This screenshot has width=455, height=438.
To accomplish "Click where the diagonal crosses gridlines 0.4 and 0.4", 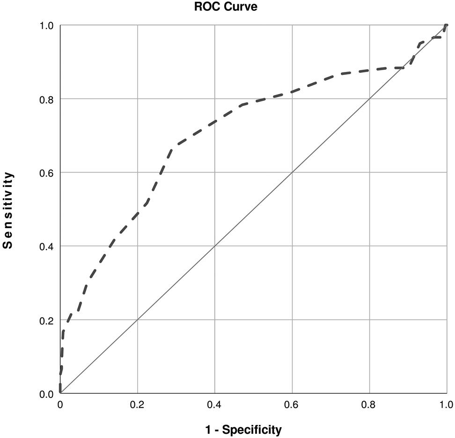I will click(215, 246).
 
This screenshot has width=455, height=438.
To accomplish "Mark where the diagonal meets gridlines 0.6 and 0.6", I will click(292, 172).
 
